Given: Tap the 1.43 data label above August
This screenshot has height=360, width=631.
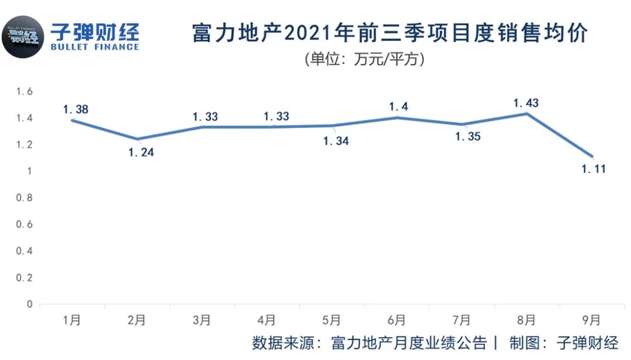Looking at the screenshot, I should (x=526, y=103).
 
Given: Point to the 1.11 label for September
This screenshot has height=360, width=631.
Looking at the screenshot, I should (x=593, y=169).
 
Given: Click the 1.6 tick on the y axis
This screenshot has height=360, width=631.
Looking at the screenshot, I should (x=25, y=91).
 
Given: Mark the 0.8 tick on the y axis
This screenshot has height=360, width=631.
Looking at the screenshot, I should (x=25, y=198).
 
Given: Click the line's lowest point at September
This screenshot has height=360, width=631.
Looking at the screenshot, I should (x=592, y=156).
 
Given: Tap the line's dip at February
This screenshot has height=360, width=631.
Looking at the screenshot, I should (x=137, y=139).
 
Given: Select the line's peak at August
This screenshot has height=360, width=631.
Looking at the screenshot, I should (x=527, y=113).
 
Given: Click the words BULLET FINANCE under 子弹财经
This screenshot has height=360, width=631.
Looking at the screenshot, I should (x=95, y=47).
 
